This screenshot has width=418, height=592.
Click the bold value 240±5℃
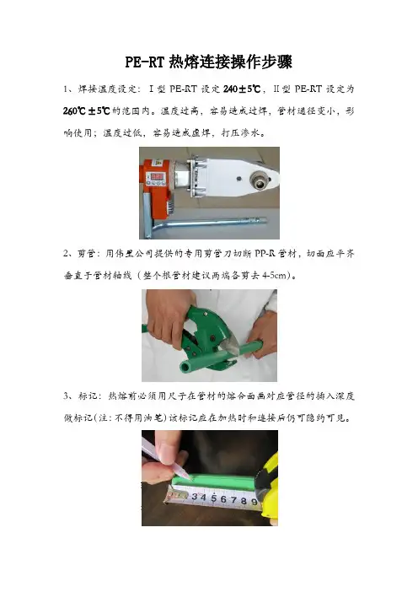[x=242, y=89]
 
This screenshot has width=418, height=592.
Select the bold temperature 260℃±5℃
[x=87, y=111]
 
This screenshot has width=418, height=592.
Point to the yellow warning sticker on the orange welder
[x=158, y=163]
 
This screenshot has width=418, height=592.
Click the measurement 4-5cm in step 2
[x=274, y=275]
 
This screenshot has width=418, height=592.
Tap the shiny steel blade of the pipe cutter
[x=231, y=347]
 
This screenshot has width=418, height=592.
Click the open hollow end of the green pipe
[x=185, y=365]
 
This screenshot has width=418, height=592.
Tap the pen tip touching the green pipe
[x=193, y=479]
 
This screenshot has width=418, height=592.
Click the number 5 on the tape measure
[x=213, y=498]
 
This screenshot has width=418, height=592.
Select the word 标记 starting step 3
[x=85, y=396]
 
